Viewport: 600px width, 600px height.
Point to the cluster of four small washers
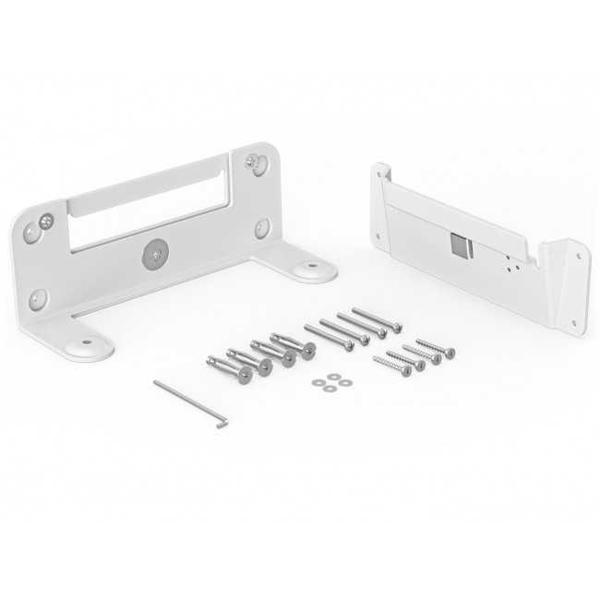click(328, 384)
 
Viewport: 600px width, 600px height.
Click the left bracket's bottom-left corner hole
click(38, 298)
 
